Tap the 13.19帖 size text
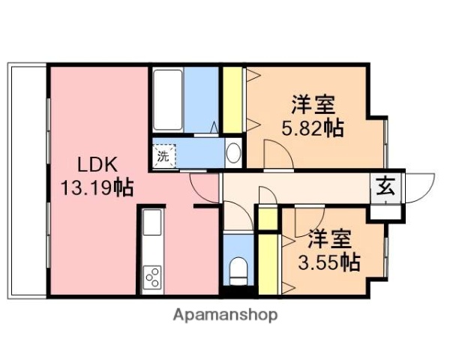(97, 187)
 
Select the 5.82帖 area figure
(312, 128)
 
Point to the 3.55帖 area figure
(329, 262)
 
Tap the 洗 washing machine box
(163, 156)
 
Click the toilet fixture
(238, 270)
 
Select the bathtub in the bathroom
(166, 102)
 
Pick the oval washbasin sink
(234, 154)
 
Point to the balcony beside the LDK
(28, 180)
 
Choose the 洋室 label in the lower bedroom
(329, 240)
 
